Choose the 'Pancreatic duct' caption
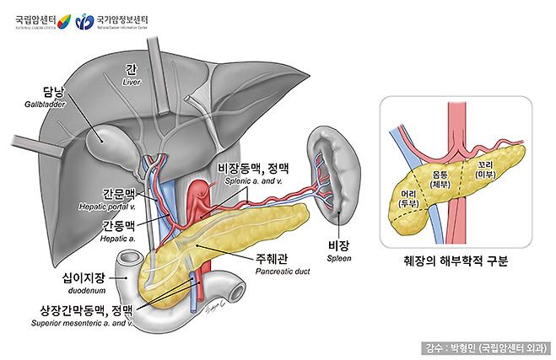(283, 274)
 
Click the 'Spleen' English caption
(338, 259)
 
